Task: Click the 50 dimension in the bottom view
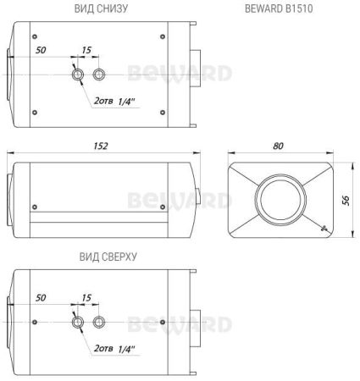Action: click(42, 51)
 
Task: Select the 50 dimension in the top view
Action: click(42, 298)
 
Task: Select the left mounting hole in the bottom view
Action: click(78, 75)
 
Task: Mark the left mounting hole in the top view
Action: click(78, 323)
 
